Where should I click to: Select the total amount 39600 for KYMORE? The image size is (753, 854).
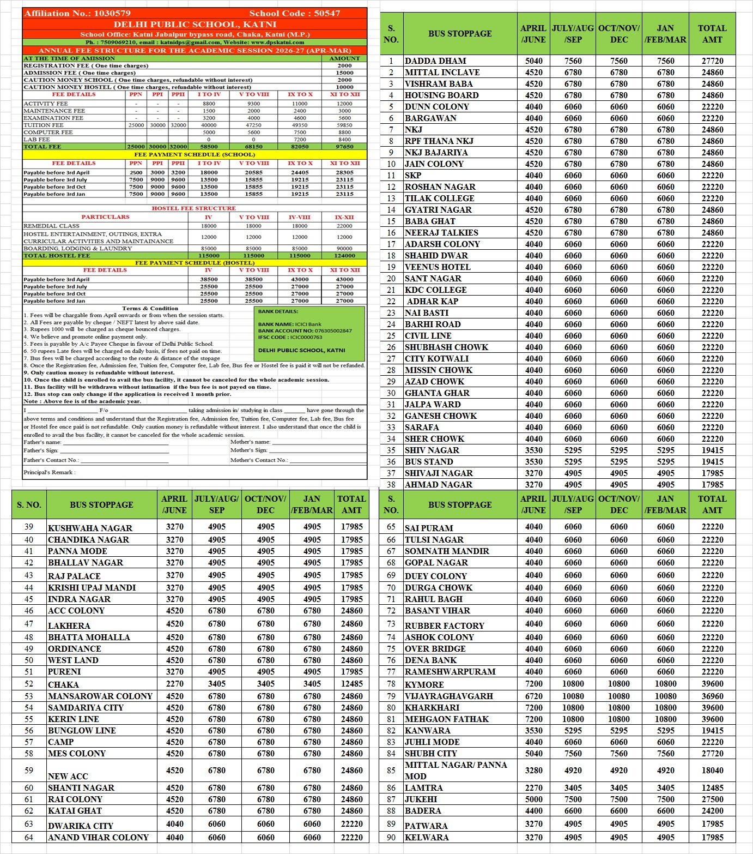click(712, 684)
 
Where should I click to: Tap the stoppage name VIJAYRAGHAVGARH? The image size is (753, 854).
click(448, 696)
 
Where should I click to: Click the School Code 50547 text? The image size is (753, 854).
click(294, 13)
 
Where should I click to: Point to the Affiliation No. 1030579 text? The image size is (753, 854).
click(77, 13)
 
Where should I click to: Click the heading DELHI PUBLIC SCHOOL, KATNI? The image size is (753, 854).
click(195, 25)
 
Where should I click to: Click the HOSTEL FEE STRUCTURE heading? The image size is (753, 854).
click(193, 208)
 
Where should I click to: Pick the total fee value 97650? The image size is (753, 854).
click(344, 147)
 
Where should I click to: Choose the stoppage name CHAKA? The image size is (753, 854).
click(63, 684)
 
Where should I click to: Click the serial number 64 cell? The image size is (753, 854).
click(29, 837)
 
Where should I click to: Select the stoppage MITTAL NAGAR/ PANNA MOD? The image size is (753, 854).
click(456, 770)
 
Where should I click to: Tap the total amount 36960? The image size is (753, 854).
click(712, 696)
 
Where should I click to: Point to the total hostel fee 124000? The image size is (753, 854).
click(344, 255)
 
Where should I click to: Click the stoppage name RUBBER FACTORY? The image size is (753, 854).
click(444, 626)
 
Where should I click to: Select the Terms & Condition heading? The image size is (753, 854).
click(150, 309)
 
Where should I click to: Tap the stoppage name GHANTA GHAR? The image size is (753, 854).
click(437, 393)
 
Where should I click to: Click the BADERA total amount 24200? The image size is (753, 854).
click(712, 811)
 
